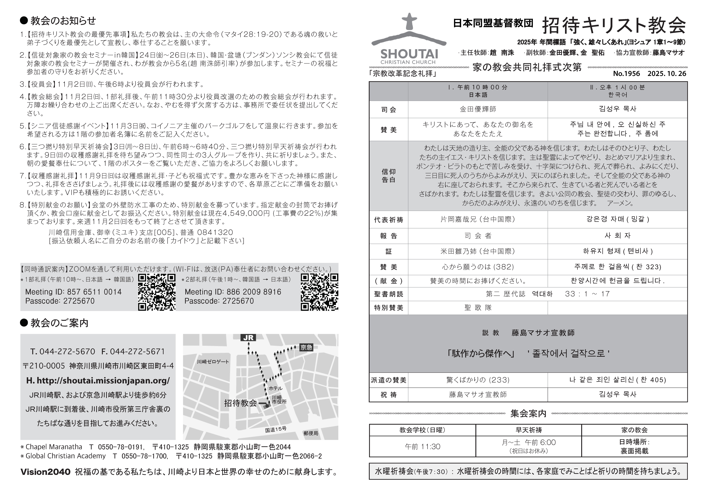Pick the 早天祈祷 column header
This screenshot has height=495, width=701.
click(529, 430)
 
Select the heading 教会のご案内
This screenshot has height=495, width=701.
click(59, 323)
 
